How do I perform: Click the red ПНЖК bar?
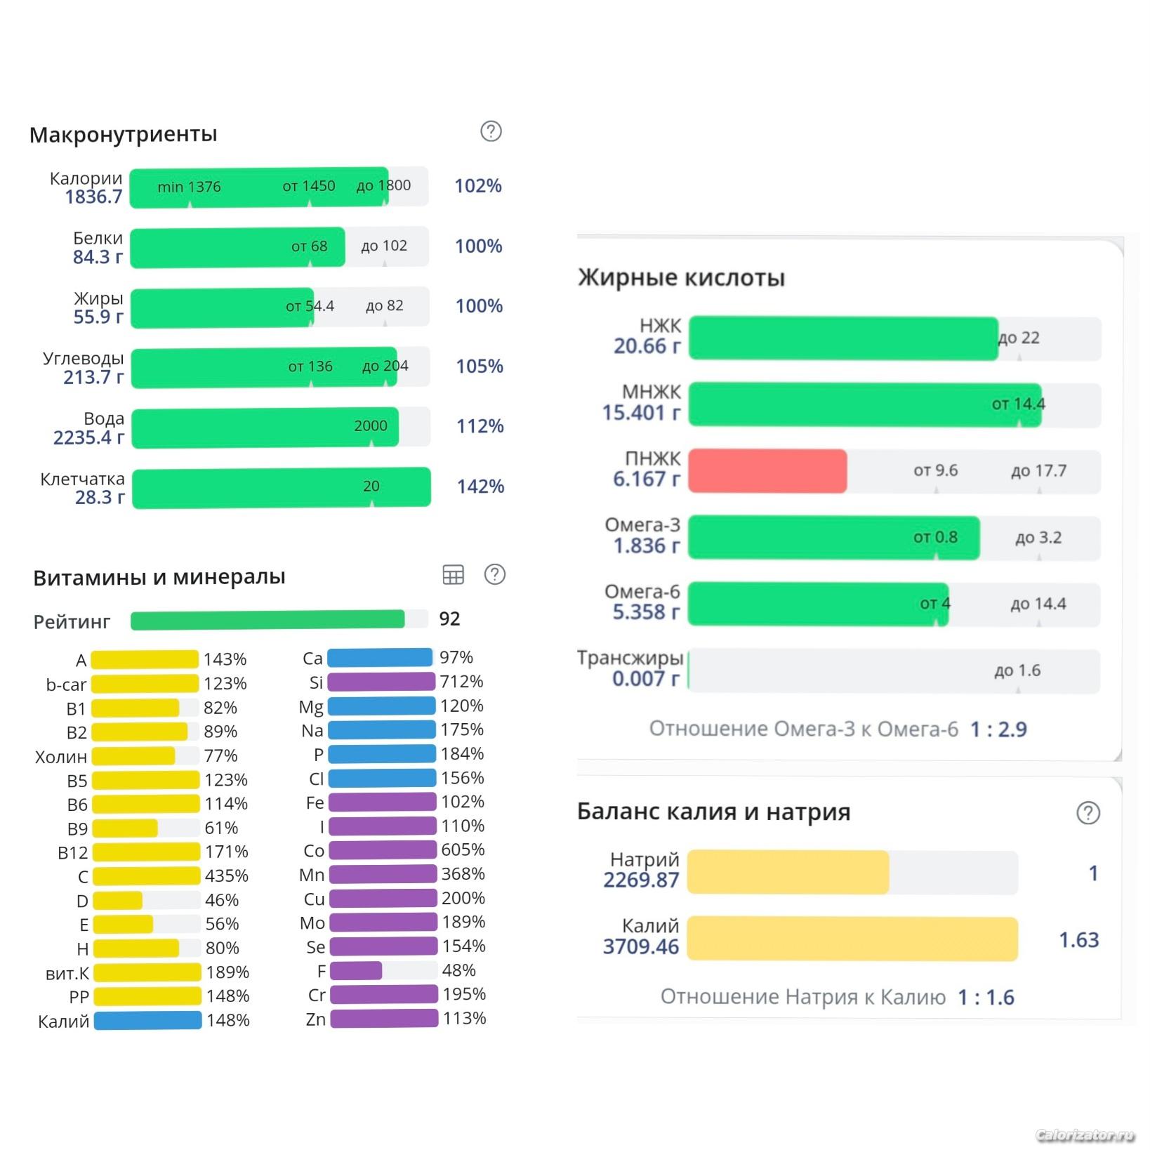pyautogui.click(x=767, y=470)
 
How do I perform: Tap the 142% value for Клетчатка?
pyautogui.click(x=480, y=487)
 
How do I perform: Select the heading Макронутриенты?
pyautogui.click(x=124, y=134)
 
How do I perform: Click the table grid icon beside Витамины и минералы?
pyautogui.click(x=454, y=574)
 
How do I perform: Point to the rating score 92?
pyautogui.click(x=449, y=619)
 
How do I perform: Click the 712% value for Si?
pyautogui.click(x=461, y=682)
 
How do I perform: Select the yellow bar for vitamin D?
pyautogui.click(x=118, y=900)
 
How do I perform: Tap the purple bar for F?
pyautogui.click(x=356, y=970)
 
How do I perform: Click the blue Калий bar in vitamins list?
pyautogui.click(x=147, y=1020)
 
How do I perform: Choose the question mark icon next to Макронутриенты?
pyautogui.click(x=491, y=131)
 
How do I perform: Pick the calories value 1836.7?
pyautogui.click(x=93, y=197)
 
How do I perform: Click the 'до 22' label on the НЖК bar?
pyautogui.click(x=1018, y=338)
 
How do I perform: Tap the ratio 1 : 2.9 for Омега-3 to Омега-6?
pyautogui.click(x=998, y=729)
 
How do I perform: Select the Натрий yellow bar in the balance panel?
pyautogui.click(x=788, y=872)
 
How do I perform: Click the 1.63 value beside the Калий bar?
pyautogui.click(x=1078, y=939)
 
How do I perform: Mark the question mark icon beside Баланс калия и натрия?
pyautogui.click(x=1088, y=813)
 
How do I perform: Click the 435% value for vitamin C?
pyautogui.click(x=226, y=876)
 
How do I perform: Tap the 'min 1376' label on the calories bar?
pyautogui.click(x=189, y=187)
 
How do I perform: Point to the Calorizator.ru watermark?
pyautogui.click(x=1085, y=1135)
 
